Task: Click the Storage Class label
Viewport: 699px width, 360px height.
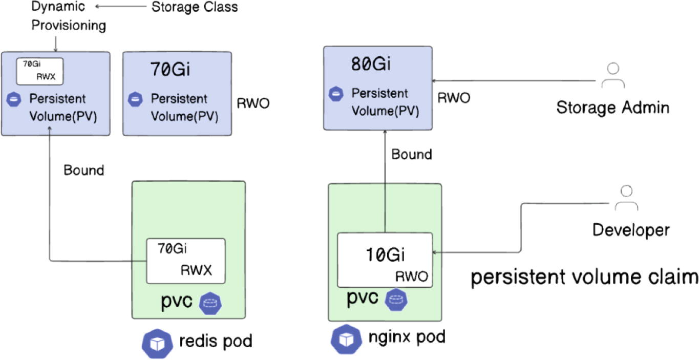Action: click(x=195, y=7)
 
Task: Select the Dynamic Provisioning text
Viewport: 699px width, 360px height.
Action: click(x=69, y=16)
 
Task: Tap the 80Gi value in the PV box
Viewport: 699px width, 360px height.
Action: click(x=371, y=65)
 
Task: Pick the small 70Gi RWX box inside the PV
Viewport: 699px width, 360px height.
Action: click(x=39, y=71)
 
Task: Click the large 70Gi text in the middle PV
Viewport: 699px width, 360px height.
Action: click(x=170, y=69)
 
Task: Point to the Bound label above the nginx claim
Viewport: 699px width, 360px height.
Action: click(x=412, y=154)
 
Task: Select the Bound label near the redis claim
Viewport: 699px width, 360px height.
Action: click(x=83, y=170)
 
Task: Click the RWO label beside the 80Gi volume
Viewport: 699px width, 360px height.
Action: click(x=453, y=98)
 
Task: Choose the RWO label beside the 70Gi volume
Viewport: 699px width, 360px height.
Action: click(x=253, y=103)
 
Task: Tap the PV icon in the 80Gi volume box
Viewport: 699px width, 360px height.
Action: click(x=336, y=93)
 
